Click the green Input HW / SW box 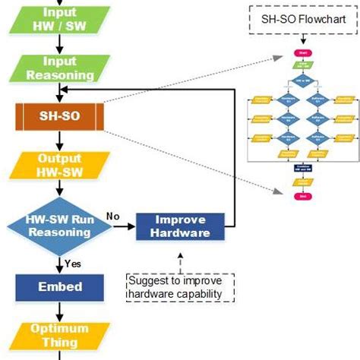click(59, 18)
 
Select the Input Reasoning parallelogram click(59, 68)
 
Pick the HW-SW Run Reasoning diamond click(59, 224)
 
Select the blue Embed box click(59, 287)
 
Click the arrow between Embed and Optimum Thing click(59, 311)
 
